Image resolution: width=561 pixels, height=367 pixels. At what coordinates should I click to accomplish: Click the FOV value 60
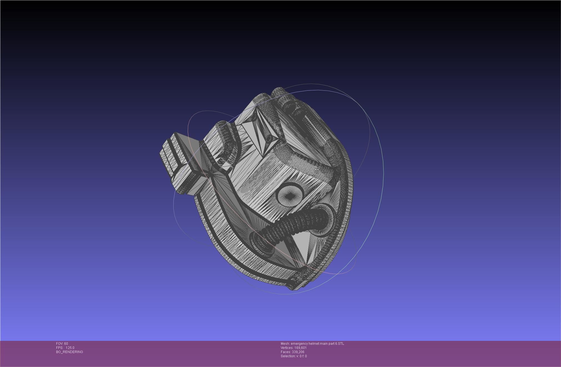coord(66,344)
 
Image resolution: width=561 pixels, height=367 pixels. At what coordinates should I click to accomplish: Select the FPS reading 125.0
coord(70,348)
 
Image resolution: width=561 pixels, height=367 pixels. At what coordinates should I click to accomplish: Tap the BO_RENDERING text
coord(69,352)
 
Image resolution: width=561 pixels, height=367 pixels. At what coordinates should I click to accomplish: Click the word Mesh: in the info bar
coord(285,344)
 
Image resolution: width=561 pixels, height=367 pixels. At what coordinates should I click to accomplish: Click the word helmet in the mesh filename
coord(314,344)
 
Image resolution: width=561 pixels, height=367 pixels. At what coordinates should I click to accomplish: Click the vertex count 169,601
coord(300,348)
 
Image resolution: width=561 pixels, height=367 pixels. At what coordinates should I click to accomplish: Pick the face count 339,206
coord(298,352)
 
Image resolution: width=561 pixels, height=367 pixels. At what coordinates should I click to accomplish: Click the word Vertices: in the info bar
coord(287,348)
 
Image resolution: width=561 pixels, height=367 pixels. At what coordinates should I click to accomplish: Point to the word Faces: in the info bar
coord(285,352)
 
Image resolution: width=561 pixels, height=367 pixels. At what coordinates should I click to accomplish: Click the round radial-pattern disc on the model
coord(290,196)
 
